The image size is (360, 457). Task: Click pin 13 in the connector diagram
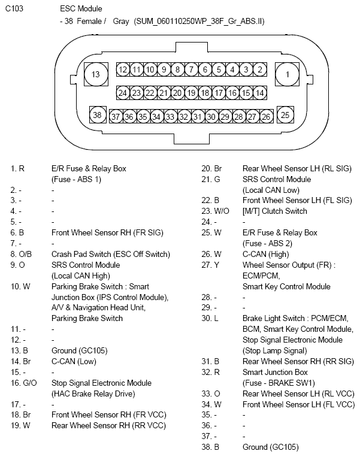(x=96, y=75)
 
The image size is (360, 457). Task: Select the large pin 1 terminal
(x=287, y=75)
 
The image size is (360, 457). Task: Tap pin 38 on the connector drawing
(x=96, y=114)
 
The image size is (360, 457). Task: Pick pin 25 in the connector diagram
(x=286, y=114)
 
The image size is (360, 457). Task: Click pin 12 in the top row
(x=123, y=69)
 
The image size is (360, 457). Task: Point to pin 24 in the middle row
(x=123, y=93)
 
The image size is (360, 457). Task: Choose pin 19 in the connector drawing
(x=191, y=93)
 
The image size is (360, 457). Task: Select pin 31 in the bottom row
(x=198, y=117)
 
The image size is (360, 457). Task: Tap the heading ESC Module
(x=81, y=9)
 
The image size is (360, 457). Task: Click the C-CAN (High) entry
(x=264, y=254)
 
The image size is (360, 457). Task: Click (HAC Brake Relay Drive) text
(x=93, y=394)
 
